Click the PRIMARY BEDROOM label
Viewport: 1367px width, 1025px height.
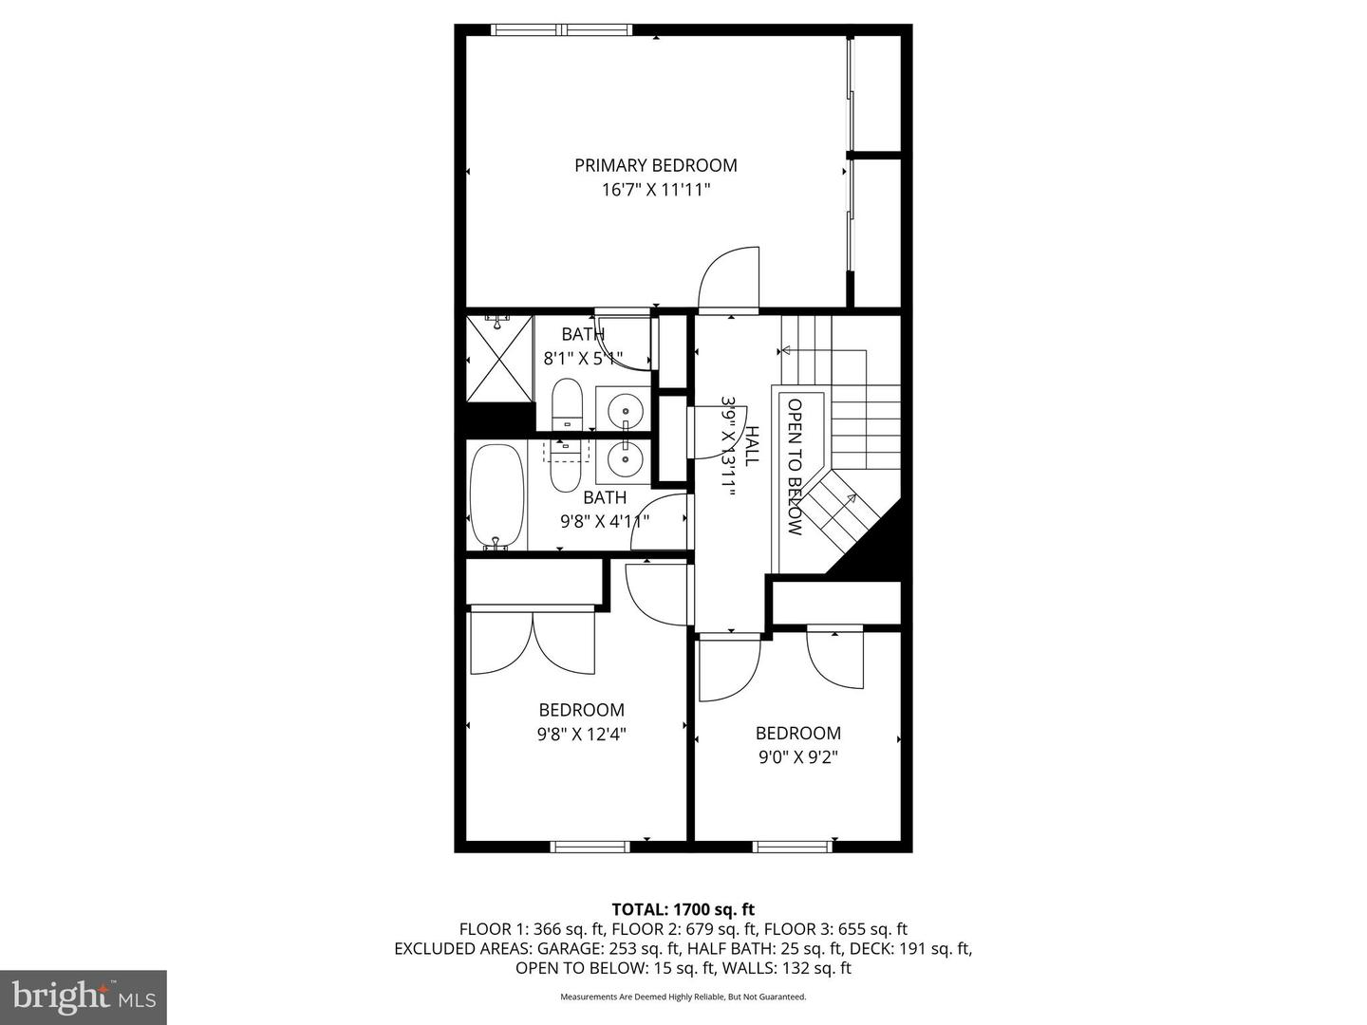tap(655, 165)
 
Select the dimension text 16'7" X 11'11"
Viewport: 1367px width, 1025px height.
tap(655, 190)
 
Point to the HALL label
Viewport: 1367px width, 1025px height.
tap(751, 446)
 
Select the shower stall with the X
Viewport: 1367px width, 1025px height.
tap(499, 359)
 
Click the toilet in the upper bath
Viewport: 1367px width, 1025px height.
tap(567, 405)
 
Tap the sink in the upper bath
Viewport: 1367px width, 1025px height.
tap(625, 410)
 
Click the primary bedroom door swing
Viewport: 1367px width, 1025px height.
tap(729, 279)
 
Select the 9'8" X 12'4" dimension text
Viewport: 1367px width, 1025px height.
tap(582, 734)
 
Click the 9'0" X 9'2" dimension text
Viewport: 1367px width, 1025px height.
tap(797, 757)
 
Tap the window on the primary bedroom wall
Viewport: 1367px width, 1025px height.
tap(562, 29)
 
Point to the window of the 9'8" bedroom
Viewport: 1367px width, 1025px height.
tap(590, 846)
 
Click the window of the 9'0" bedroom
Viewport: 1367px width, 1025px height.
tap(792, 846)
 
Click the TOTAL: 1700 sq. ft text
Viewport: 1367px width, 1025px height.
tap(683, 909)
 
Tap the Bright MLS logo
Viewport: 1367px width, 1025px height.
tap(84, 997)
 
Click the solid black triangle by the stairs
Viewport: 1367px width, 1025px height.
tap(873, 546)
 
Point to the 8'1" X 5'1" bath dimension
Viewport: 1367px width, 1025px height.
tap(582, 359)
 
